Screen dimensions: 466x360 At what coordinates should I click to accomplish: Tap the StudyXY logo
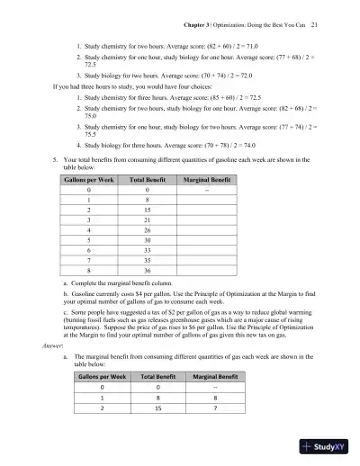click(x=325, y=444)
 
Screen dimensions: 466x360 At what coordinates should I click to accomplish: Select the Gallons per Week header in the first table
click(x=89, y=180)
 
